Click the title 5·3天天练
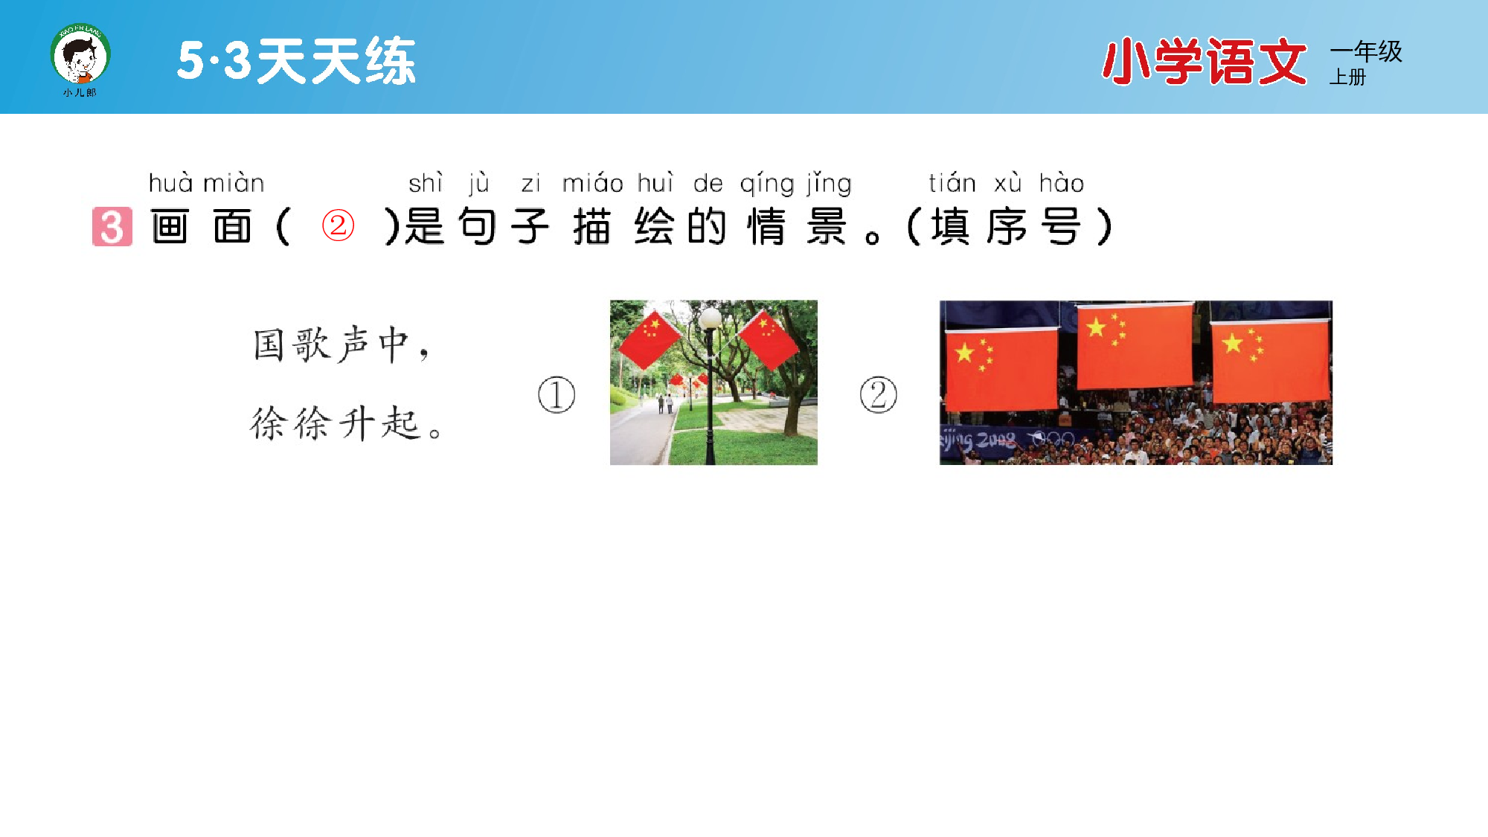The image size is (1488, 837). pos(296,61)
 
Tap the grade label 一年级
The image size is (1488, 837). pos(1366,51)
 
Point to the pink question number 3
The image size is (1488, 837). pos(112,226)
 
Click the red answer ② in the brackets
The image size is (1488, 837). pos(338,225)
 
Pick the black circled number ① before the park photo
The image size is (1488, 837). pos(557,394)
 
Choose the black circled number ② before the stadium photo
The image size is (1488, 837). pos(878,394)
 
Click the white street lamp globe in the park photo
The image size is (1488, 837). pos(710,318)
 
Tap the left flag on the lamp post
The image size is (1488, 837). pos(650,339)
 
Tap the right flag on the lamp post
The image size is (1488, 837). pos(768,339)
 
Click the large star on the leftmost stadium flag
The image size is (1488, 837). pos(964,352)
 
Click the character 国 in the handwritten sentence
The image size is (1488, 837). pos(269,344)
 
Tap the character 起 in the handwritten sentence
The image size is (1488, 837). pos(401,424)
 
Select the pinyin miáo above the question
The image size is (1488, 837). pos(592,183)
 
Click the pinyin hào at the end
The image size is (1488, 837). pos(1061,183)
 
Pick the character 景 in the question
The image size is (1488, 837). pos(826,226)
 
